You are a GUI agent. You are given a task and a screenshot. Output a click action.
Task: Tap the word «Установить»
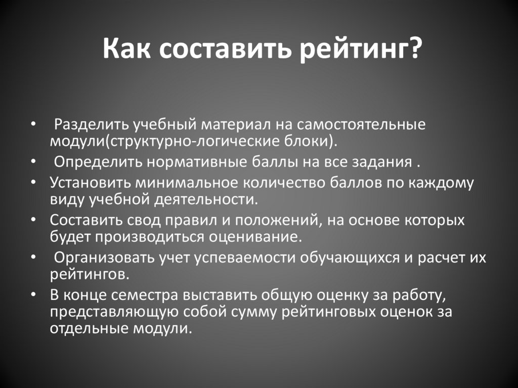90,183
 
